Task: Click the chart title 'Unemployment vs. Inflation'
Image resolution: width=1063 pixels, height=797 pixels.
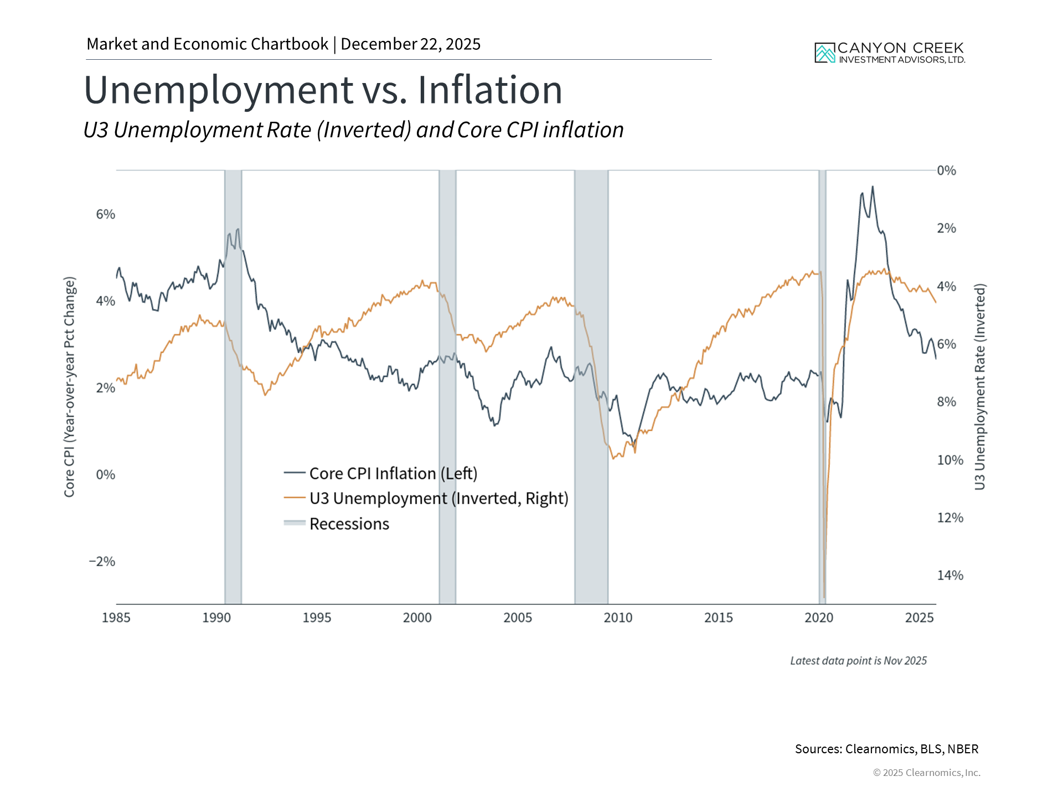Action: (323, 90)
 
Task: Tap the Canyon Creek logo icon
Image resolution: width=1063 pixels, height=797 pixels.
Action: (824, 53)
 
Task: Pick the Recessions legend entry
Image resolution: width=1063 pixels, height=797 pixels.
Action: (349, 524)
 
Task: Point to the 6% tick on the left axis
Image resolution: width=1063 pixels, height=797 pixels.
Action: (105, 215)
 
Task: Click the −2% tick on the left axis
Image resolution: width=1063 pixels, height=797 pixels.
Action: (102, 562)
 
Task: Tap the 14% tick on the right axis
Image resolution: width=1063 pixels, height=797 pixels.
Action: (950, 576)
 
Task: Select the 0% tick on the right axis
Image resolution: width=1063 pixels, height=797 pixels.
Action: (946, 170)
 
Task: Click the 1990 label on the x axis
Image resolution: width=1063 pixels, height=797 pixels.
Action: (216, 618)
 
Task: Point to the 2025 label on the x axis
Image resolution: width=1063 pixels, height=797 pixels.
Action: (919, 618)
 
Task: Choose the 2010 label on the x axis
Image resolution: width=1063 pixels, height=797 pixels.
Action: (618, 618)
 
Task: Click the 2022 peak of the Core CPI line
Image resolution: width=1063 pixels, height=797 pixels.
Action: (873, 187)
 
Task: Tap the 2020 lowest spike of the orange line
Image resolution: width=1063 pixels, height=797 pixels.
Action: (824, 597)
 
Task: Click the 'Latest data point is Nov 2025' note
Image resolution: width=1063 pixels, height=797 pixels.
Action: (858, 661)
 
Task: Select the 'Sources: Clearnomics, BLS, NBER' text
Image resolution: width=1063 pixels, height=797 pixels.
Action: (886, 749)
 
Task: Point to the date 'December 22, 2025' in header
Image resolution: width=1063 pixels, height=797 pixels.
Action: (410, 44)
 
